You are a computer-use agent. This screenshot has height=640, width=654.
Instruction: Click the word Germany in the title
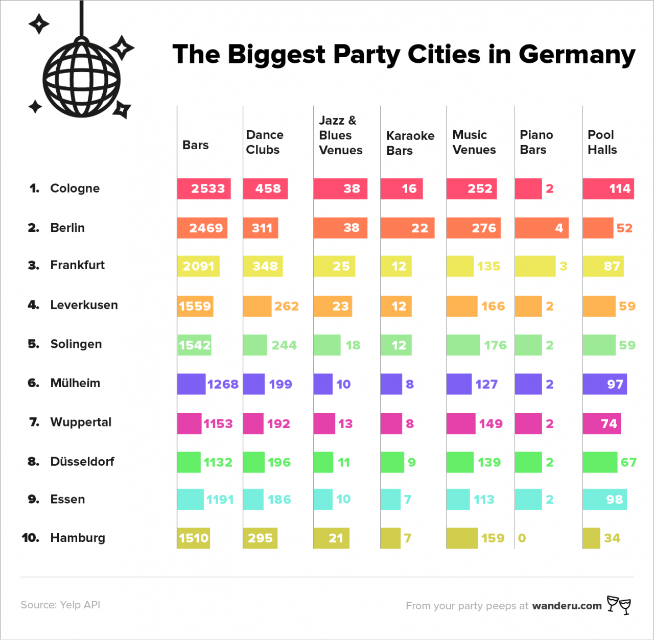click(577, 55)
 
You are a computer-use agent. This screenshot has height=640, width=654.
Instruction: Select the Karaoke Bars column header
click(410, 143)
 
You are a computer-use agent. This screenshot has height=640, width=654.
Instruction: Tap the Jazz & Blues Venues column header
click(340, 135)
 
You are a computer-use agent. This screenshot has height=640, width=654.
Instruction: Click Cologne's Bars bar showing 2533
click(204, 188)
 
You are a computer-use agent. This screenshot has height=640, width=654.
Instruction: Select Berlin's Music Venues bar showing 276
click(473, 228)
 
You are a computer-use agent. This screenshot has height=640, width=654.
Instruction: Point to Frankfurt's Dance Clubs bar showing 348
click(263, 266)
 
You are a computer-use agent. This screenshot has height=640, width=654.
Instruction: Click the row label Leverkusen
click(84, 305)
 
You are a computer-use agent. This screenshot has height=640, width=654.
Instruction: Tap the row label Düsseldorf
click(82, 461)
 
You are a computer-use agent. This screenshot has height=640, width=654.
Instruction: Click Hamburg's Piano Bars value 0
click(522, 538)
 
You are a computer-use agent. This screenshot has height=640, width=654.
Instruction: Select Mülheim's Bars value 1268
click(223, 384)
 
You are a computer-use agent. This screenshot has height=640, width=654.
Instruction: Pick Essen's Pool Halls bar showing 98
click(604, 499)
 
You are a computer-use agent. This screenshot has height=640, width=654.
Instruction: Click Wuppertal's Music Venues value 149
click(491, 423)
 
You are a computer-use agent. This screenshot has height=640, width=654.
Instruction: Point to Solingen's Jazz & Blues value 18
click(353, 345)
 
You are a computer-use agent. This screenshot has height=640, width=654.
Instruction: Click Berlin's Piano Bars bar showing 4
click(541, 228)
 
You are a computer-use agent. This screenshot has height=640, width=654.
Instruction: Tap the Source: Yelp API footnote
click(60, 605)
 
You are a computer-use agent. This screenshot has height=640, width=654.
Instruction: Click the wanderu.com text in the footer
click(567, 606)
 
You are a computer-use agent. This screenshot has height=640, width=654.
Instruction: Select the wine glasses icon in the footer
click(619, 605)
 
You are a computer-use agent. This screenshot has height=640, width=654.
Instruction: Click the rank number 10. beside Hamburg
click(31, 538)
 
